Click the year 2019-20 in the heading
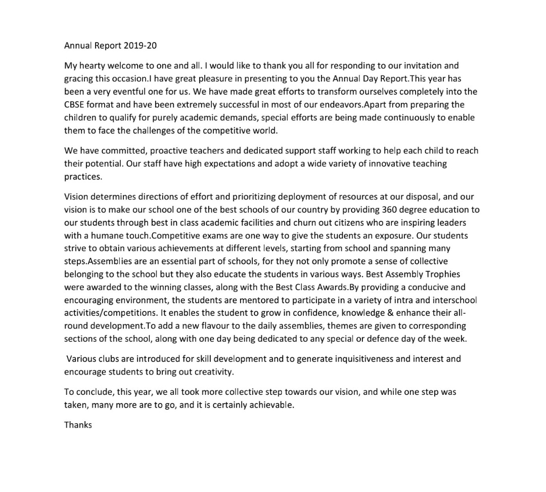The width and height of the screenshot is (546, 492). tap(140, 46)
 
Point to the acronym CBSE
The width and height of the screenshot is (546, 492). tap(75, 105)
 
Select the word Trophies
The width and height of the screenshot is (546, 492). tap(442, 274)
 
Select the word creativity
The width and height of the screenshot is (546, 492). tap(214, 372)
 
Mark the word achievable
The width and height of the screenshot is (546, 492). tap(271, 405)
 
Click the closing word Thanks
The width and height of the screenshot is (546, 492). tap(78, 425)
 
